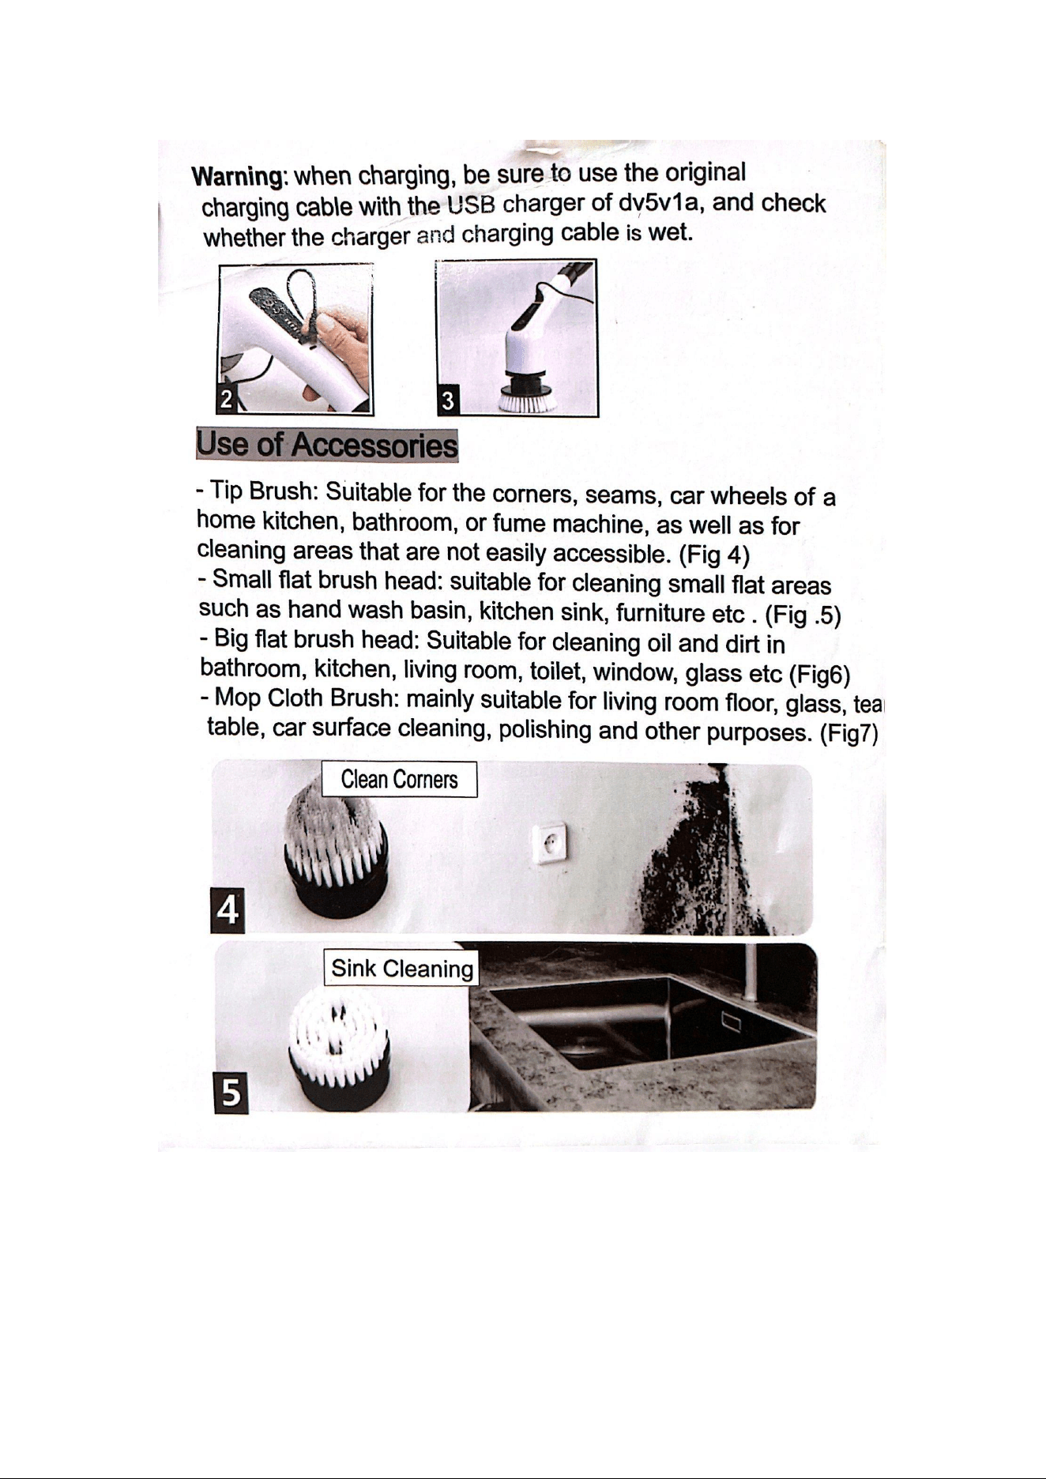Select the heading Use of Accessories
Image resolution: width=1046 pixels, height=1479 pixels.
pos(327,445)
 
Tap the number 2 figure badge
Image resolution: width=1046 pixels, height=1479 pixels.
pos(227,400)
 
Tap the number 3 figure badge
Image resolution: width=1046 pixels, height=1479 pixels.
pos(448,401)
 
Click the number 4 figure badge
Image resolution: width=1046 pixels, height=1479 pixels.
pos(228,910)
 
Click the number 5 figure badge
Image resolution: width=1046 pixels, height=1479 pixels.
pos(231,1093)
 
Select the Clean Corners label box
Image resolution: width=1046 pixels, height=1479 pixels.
pos(400,780)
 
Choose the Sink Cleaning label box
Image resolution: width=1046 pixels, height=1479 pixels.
pos(402,969)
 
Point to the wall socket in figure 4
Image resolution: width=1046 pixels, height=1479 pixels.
pos(549,842)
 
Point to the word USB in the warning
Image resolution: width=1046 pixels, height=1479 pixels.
pos(472,206)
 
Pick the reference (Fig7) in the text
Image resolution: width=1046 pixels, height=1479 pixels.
pos(849,734)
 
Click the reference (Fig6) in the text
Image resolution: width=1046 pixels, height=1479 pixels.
pos(819,675)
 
